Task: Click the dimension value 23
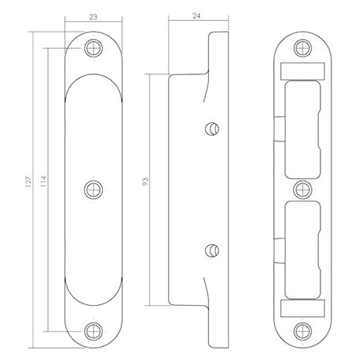pyautogui.click(x=93, y=17)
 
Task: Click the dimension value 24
pyautogui.click(x=197, y=16)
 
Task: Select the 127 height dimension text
pyautogui.click(x=29, y=181)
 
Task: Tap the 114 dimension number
pyautogui.click(x=43, y=181)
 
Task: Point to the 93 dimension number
pyautogui.click(x=146, y=182)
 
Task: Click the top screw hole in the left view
pyautogui.click(x=94, y=48)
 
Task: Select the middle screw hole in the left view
pyautogui.click(x=94, y=190)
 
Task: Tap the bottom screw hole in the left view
pyautogui.click(x=94, y=331)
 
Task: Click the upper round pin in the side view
pyautogui.click(x=212, y=129)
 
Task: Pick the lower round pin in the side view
pyautogui.click(x=212, y=250)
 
